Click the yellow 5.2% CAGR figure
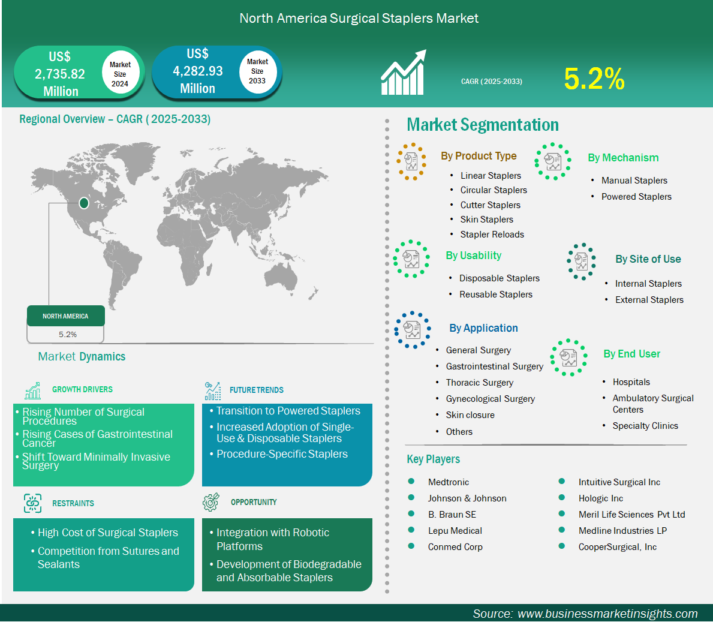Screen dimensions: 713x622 click(x=594, y=79)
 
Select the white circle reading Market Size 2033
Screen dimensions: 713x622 click(x=257, y=71)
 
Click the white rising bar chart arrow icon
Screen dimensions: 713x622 click(x=404, y=73)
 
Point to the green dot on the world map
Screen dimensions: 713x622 click(x=84, y=203)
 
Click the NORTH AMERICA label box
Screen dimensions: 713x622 click(x=66, y=316)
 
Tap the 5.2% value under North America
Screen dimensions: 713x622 click(x=68, y=334)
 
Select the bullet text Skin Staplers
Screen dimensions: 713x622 click(x=486, y=220)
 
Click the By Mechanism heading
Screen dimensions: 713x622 click(x=623, y=158)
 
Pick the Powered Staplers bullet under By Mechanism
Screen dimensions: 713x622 click(x=636, y=197)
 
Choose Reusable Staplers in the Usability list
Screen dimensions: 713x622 click(x=496, y=295)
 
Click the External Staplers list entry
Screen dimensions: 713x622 click(x=649, y=300)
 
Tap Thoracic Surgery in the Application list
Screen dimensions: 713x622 click(x=479, y=383)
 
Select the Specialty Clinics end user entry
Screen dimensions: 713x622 click(x=645, y=426)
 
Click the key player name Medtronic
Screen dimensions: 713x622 click(x=449, y=482)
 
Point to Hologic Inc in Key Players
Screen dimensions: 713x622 click(x=601, y=499)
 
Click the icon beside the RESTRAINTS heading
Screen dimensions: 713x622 click(x=33, y=503)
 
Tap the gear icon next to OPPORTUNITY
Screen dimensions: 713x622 click(x=211, y=502)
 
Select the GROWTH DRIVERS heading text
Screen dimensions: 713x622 click(x=82, y=390)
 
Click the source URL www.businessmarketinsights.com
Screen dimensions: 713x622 click(x=607, y=614)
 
